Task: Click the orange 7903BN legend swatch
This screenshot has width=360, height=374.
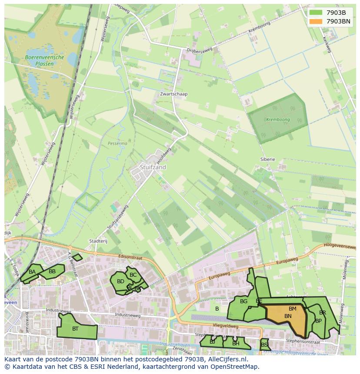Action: (x=316, y=21)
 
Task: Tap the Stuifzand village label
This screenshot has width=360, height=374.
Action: (x=153, y=167)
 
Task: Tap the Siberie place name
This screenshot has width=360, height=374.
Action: (x=267, y=159)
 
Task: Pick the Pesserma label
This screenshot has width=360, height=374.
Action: (x=117, y=143)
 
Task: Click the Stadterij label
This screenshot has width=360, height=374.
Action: (x=98, y=241)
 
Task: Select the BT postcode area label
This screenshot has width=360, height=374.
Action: (x=75, y=329)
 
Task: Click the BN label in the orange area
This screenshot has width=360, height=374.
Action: (x=288, y=316)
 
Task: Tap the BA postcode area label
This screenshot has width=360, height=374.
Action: (x=32, y=272)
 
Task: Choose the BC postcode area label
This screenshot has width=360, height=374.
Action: (x=133, y=275)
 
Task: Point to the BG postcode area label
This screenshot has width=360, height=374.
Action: (x=243, y=301)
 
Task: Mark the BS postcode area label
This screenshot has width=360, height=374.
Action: (x=264, y=345)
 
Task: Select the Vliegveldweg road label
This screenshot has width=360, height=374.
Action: (x=226, y=325)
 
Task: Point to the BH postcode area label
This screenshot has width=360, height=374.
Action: (x=236, y=343)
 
